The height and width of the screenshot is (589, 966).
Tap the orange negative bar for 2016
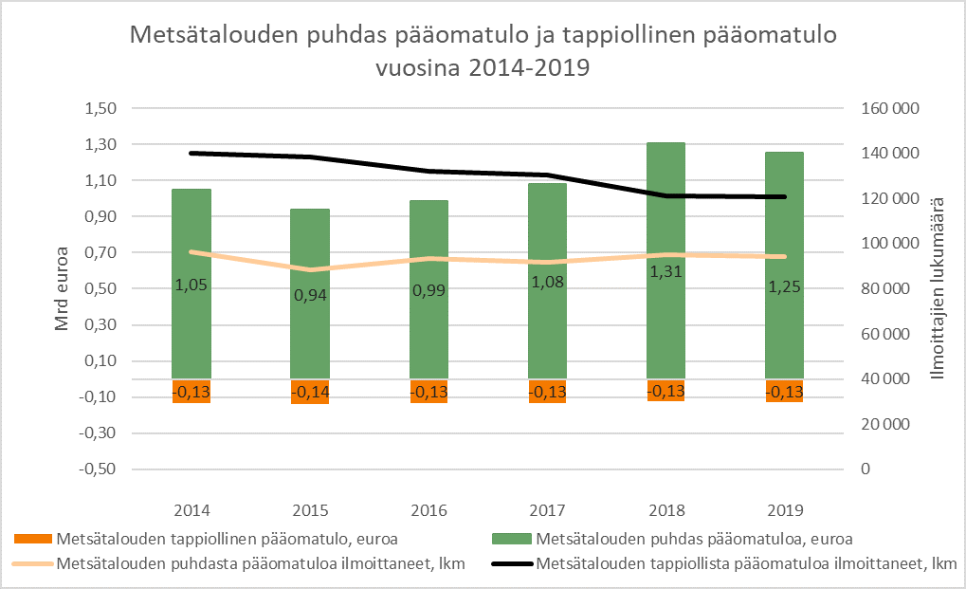[x=428, y=391]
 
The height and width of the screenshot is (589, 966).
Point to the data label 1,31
[x=665, y=271]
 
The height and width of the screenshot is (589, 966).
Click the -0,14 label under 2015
[x=309, y=391]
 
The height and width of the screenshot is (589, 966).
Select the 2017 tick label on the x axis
[x=547, y=509]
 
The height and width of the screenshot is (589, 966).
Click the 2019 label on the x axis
[x=784, y=509]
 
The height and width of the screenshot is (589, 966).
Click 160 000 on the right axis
[x=892, y=109]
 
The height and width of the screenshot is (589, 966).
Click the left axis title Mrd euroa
[x=63, y=288]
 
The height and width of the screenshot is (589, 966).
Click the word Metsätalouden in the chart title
[x=213, y=37]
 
